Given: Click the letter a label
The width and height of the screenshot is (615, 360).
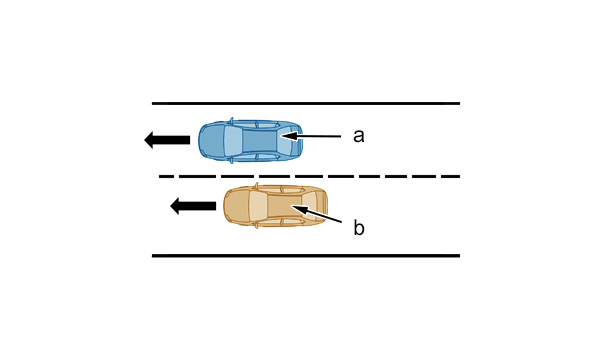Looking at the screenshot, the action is point(358,136).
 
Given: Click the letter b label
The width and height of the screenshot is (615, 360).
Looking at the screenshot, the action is point(359,227).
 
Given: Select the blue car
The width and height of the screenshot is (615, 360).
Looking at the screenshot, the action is point(250,140).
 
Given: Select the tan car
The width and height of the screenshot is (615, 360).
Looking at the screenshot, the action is point(276,205).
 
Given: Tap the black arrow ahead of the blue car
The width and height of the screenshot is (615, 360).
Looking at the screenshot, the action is point(167,140).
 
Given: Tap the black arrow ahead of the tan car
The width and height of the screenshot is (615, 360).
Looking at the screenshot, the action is point(193,206).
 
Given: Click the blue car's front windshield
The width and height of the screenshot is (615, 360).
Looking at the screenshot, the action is point(233,140).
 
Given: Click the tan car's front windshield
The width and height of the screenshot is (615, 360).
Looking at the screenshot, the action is point(258,205).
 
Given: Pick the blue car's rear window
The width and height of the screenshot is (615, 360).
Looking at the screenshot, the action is point(285,140).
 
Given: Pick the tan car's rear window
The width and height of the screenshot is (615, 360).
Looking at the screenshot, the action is point(311,205).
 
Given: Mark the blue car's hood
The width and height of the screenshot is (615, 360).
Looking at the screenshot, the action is point(212,140).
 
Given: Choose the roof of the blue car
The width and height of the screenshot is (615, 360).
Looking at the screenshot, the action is point(260,140).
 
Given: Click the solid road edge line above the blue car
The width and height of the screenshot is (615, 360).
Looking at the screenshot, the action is point(306,104).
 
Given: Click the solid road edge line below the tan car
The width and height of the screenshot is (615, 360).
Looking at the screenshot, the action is point(306,256).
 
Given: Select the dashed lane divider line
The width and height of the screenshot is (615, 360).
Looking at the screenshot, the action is point(309,176).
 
